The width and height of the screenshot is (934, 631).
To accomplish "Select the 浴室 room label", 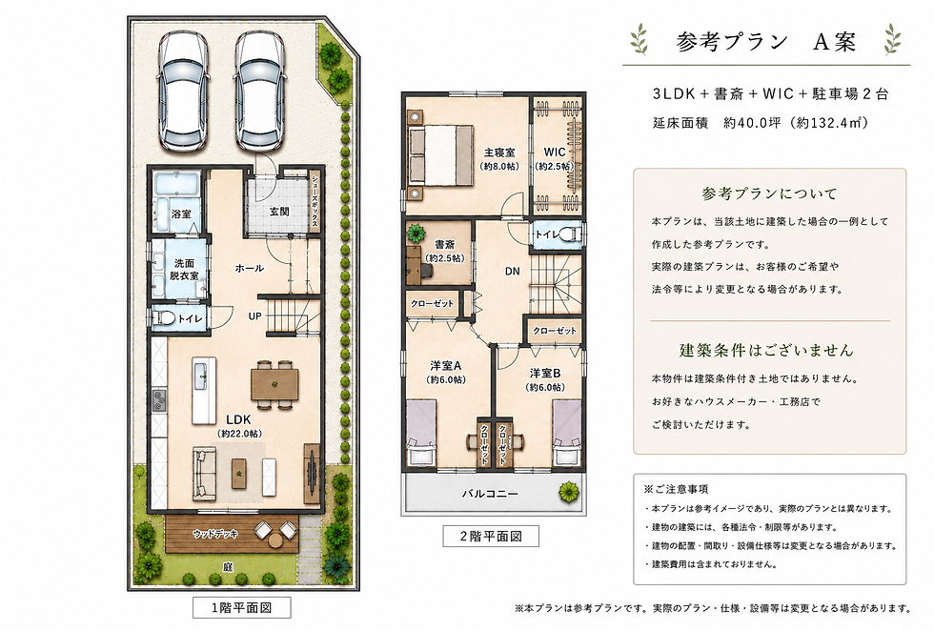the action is pyautogui.click(x=181, y=214).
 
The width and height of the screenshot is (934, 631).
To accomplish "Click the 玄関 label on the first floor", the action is pyautogui.click(x=279, y=212).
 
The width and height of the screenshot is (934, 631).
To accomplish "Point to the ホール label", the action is pyautogui.click(x=250, y=268).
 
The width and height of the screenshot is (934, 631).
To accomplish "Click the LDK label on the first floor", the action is pyautogui.click(x=238, y=419).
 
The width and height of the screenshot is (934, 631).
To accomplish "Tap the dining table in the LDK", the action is pyautogui.click(x=274, y=384).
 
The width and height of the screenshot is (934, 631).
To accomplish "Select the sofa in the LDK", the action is pyautogui.click(x=204, y=474).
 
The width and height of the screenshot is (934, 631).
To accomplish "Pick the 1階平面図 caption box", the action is pyautogui.click(x=242, y=608).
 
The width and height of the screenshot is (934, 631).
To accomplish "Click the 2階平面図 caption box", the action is pyautogui.click(x=491, y=536).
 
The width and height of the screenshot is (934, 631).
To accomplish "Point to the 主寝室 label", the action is pyautogui.click(x=499, y=153).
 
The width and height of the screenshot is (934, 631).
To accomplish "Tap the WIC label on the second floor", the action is pyautogui.click(x=554, y=152).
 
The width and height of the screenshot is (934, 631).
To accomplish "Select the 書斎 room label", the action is pyautogui.click(x=444, y=244).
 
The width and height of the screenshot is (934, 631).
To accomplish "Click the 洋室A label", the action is pyautogui.click(x=446, y=366).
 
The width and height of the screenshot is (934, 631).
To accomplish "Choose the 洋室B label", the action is pyautogui.click(x=545, y=374).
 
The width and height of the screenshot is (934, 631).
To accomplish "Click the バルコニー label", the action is pyautogui.click(x=490, y=494).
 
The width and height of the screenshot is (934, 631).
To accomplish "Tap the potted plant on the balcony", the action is pyautogui.click(x=569, y=492).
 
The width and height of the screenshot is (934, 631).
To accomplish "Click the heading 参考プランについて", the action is pyautogui.click(x=769, y=193).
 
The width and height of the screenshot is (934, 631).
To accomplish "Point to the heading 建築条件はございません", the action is pyautogui.click(x=766, y=350).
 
